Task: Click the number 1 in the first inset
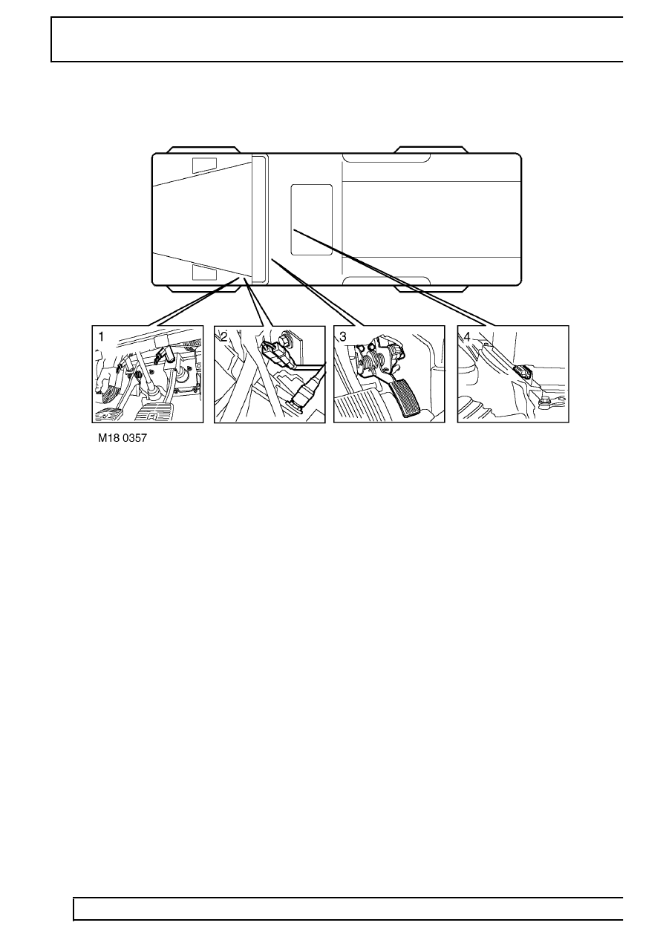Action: pos(101,337)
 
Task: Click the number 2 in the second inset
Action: pos(224,337)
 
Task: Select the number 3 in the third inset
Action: pos(343,337)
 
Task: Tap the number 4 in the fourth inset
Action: pos(467,337)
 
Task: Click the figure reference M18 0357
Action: pos(123,438)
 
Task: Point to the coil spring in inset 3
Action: pos(371,361)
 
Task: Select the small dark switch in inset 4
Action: pos(523,371)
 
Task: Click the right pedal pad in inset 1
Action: pos(153,413)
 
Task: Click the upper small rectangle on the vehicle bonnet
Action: pos(204,166)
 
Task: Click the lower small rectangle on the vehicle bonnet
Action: pos(204,272)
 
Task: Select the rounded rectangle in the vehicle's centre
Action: pos(312,220)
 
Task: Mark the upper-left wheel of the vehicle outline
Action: pos(203,150)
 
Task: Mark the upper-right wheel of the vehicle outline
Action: pos(431,150)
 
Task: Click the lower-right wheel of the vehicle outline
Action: pos(431,289)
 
